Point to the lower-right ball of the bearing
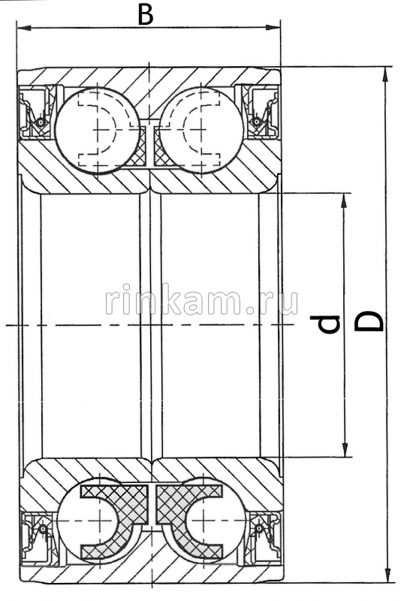tap(204, 519)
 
